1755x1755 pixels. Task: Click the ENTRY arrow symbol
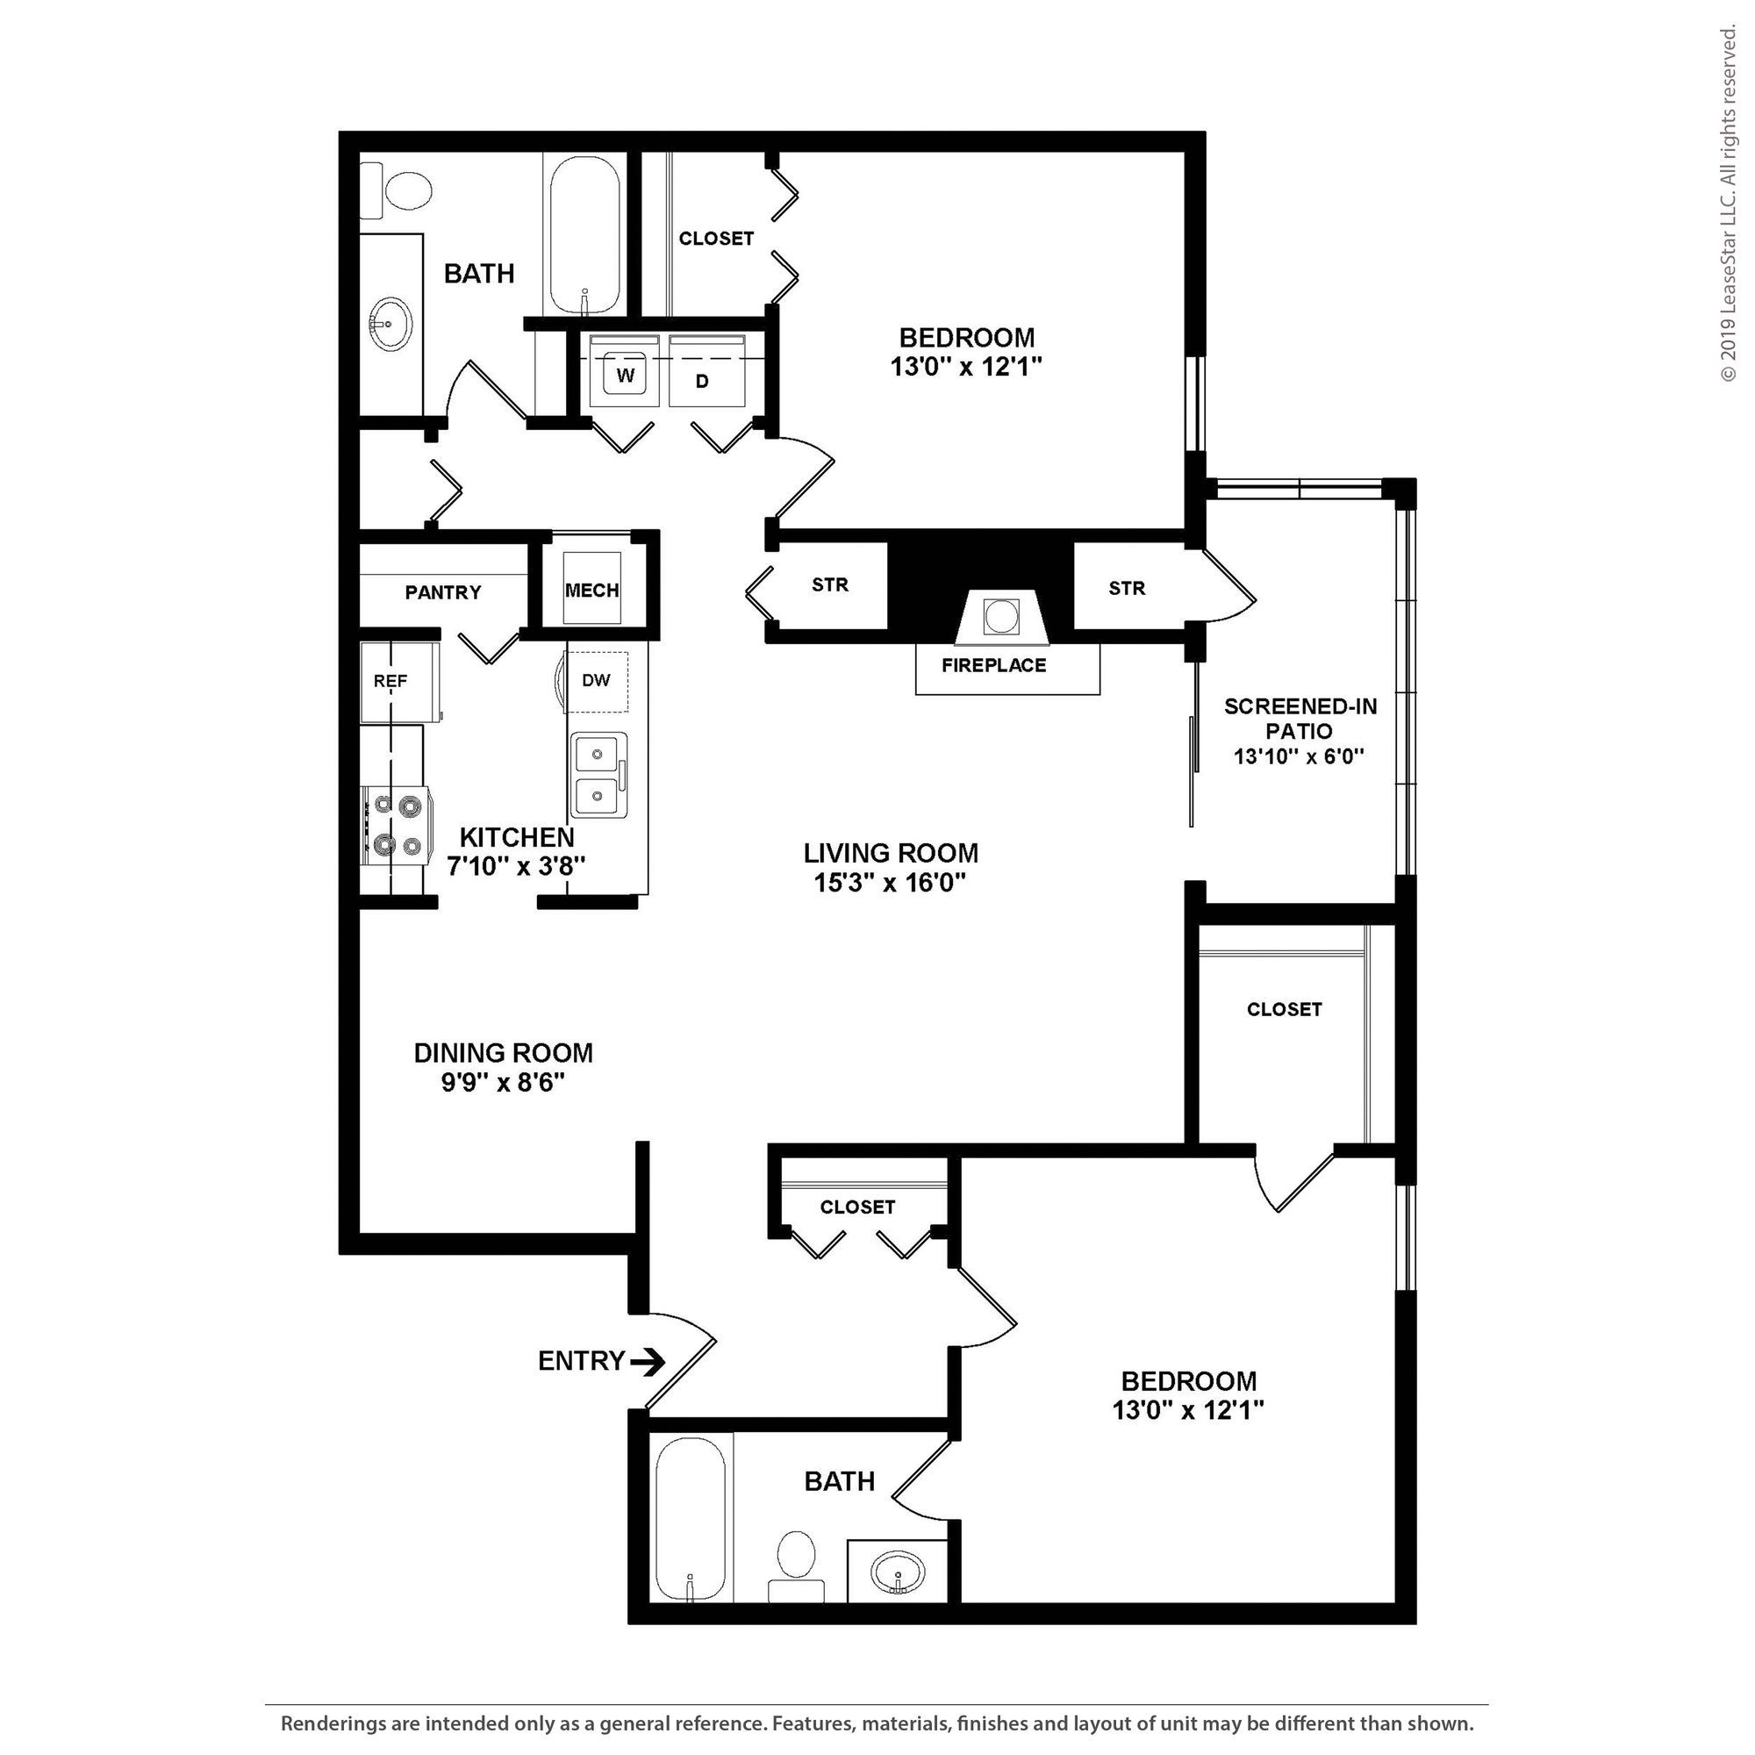pos(648,1361)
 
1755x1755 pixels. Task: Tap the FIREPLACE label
pos(994,665)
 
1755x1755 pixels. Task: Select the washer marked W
pos(624,370)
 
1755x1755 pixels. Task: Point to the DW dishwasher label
pos(596,679)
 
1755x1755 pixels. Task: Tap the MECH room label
pos(592,591)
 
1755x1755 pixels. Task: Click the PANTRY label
pos(443,592)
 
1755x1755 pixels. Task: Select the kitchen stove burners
pos(396,824)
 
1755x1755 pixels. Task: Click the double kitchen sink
pos(598,775)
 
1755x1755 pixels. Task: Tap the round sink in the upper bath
pos(390,321)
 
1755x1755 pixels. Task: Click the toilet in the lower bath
pos(797,1565)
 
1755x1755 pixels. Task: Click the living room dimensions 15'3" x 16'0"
pos(890,882)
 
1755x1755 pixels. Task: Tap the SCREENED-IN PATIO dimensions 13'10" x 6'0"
pos(1300,756)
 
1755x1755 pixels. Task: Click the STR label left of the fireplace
pos(830,585)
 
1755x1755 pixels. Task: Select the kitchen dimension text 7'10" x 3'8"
pos(516,866)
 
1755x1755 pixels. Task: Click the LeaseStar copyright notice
pos(1729,204)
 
